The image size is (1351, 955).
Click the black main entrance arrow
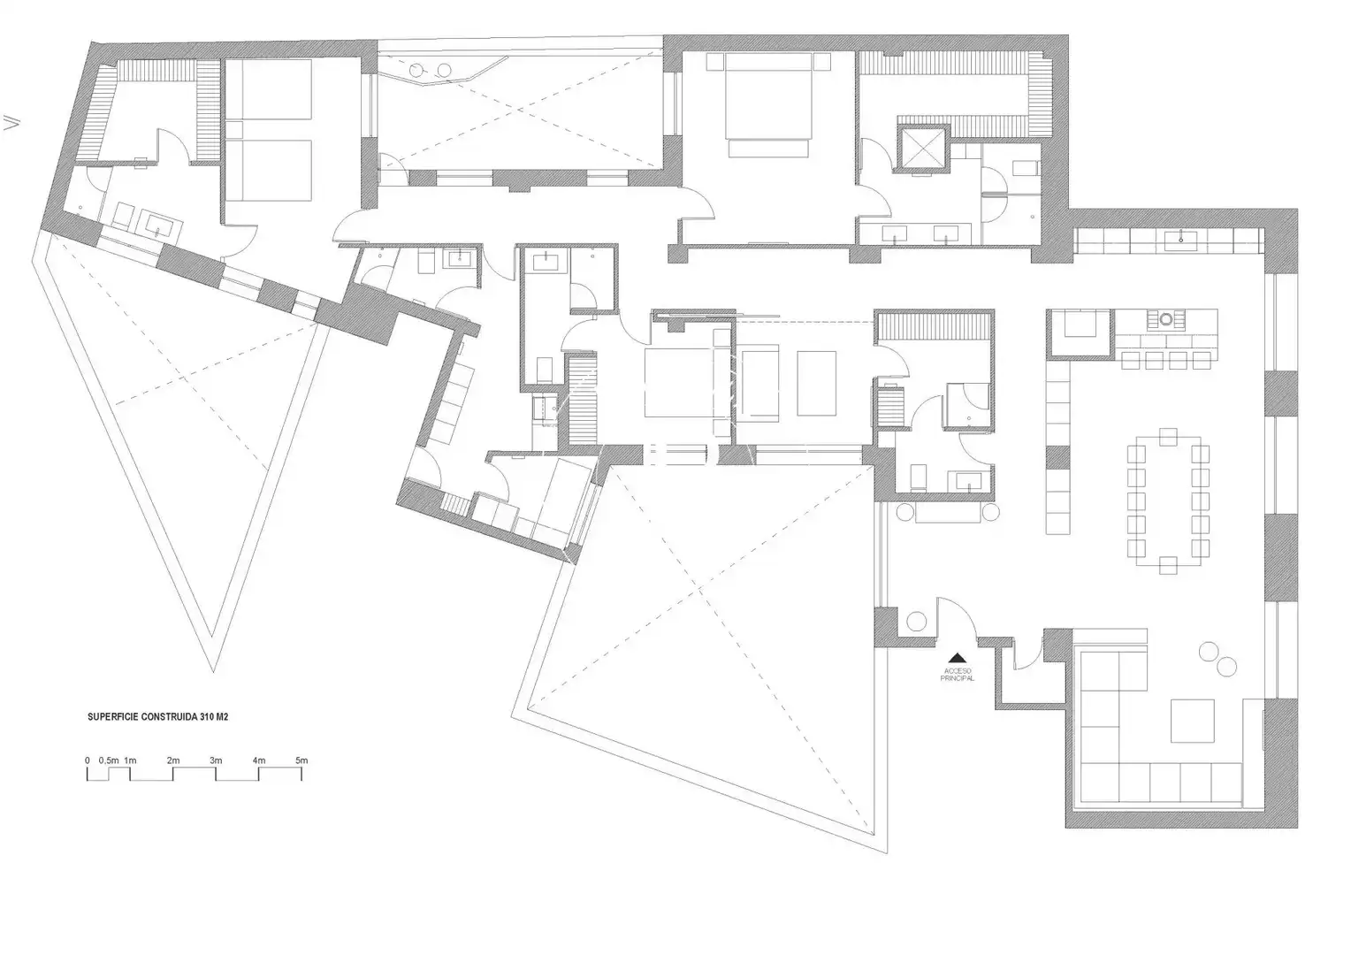958,658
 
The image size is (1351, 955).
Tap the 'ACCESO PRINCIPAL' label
958,675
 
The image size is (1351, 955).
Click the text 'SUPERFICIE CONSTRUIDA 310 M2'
158,717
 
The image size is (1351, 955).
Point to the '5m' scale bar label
301,760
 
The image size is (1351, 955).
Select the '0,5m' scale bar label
109,760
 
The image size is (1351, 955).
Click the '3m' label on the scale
216,760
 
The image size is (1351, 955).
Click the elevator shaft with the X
920,149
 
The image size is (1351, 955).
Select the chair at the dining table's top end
1168,437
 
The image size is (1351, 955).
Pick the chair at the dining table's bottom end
1168,565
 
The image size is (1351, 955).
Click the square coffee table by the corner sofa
1193,721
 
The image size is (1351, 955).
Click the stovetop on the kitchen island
1166,318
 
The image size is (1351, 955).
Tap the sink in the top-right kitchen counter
1181,240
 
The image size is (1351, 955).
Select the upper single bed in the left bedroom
269,89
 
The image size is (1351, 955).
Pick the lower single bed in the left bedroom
269,170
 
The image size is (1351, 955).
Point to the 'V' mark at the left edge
11,122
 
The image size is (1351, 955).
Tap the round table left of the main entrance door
916,622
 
